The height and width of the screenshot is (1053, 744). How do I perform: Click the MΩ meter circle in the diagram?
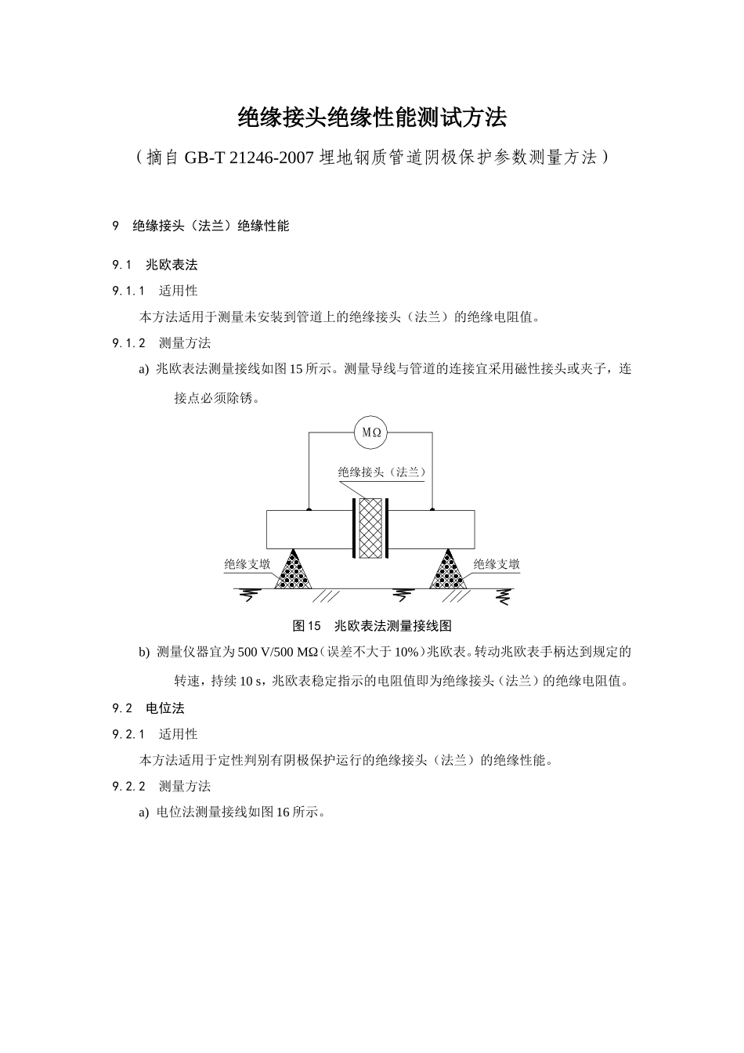(371, 432)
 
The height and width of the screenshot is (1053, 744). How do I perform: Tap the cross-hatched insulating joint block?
(370, 529)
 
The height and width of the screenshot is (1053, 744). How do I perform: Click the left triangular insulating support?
(293, 570)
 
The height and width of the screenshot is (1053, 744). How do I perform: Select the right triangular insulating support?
(448, 570)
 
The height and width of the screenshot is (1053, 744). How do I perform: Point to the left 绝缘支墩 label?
(247, 564)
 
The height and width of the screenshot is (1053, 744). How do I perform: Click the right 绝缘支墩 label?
(497, 564)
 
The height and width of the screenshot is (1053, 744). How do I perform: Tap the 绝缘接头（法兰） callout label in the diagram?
(381, 472)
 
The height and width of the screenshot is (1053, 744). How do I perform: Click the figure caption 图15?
(307, 626)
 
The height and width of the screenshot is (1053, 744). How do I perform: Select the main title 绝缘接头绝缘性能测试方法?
(372, 118)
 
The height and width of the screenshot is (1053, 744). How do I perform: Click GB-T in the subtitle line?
(205, 158)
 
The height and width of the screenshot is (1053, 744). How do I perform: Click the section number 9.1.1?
(129, 291)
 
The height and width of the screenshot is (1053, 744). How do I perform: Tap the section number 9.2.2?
(129, 787)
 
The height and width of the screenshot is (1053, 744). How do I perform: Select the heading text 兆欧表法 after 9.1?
(172, 266)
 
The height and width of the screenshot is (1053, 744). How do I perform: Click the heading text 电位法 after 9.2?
(165, 708)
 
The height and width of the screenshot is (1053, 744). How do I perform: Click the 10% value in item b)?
(406, 652)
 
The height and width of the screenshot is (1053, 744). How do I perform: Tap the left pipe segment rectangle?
(308, 530)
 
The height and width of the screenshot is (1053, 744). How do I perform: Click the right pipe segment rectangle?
(432, 530)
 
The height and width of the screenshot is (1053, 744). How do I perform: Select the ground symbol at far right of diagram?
(502, 597)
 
